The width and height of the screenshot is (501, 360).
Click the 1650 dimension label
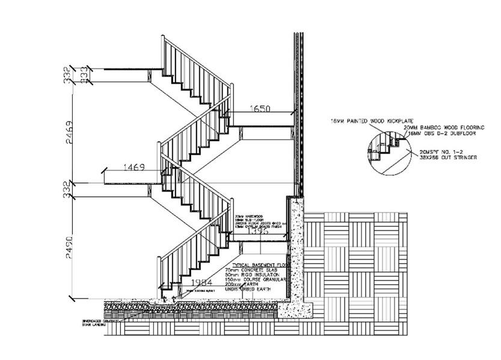(x=260, y=109)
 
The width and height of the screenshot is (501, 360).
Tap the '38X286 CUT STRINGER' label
(x=448, y=157)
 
